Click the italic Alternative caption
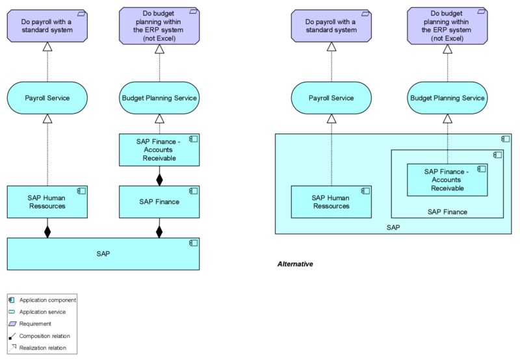(295, 264)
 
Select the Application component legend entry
(47, 300)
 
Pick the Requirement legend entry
(35, 323)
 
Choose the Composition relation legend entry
(44, 335)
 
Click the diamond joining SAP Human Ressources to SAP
(47, 231)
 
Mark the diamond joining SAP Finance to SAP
(159, 231)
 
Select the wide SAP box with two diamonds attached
(103, 253)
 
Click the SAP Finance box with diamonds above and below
(159, 201)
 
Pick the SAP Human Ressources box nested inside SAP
(331, 201)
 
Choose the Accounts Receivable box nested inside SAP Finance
(447, 179)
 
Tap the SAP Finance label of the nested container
(447, 212)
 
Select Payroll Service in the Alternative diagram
(331, 98)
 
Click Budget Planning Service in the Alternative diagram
(447, 98)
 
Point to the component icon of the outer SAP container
(505, 138)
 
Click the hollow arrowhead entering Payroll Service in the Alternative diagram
(331, 119)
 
